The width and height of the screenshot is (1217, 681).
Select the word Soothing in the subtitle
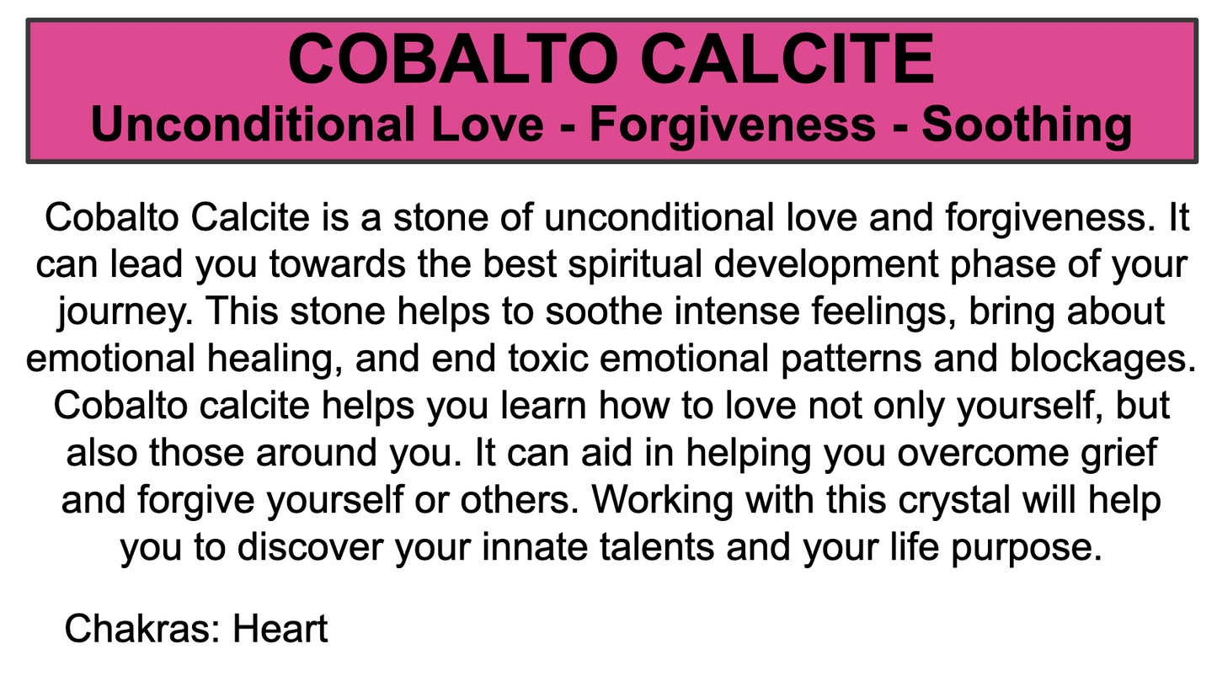click(1026, 125)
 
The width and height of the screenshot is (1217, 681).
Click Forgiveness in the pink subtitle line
click(732, 125)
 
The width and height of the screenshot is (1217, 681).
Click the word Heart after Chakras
click(280, 629)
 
